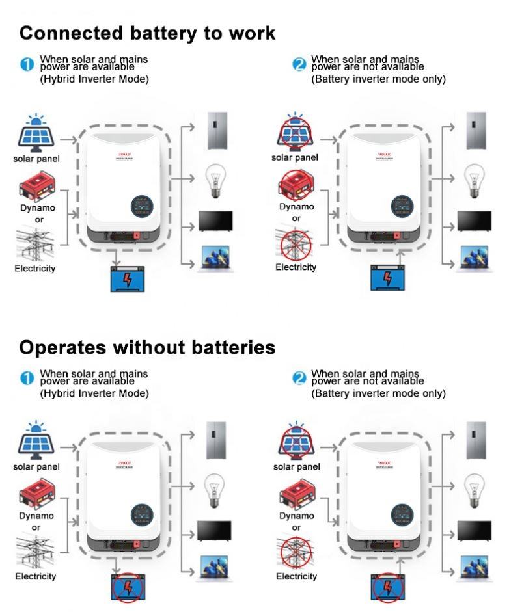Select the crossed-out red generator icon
(296, 184)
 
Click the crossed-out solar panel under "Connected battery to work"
(296, 133)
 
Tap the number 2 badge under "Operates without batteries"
(299, 378)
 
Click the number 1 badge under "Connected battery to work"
(27, 64)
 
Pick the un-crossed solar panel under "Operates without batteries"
(36, 441)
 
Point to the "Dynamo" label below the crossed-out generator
(296, 207)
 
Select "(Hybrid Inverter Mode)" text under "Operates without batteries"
(94, 393)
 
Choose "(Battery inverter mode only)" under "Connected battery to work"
(378, 79)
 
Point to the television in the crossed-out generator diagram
(474, 221)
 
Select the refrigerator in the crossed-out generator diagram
(476, 131)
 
